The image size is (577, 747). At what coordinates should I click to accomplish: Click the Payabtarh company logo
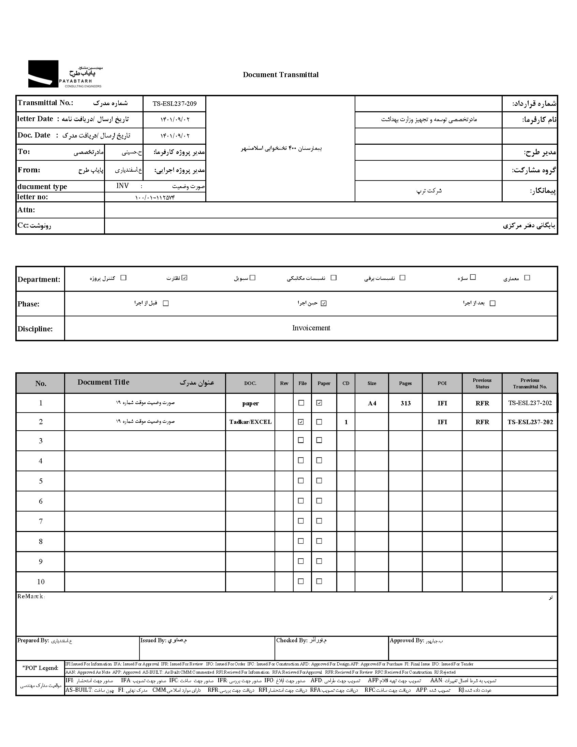pos(64,74)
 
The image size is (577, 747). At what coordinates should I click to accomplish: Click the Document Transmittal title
pos(280,75)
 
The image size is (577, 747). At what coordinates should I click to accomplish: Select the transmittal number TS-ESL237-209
pos(174,104)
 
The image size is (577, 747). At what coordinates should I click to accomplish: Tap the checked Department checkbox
pos(184,278)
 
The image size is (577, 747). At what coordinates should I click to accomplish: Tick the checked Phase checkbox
pos(324,303)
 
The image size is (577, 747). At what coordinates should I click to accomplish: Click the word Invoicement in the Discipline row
pos(311,328)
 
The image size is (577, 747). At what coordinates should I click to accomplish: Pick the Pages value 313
pos(405,403)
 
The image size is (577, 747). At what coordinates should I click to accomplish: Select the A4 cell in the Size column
pos(372,403)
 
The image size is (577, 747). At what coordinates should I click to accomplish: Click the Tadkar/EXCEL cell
pos(250,422)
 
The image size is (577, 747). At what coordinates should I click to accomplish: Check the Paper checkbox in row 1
pos(319,403)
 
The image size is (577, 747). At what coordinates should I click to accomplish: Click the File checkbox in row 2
pos(301,422)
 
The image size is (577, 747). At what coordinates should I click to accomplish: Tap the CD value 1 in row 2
pos(346,422)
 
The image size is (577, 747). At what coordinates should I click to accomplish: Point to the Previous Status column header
pos(482,384)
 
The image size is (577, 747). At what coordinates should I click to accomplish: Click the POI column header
pos(442,384)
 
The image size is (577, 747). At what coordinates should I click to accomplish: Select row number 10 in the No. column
pos(41,582)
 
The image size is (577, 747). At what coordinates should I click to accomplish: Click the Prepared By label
pos(33,641)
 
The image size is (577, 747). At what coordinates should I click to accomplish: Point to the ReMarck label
pos(31,597)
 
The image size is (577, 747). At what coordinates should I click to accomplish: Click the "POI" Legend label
pos(40,668)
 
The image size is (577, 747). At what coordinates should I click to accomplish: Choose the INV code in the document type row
pos(122,186)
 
